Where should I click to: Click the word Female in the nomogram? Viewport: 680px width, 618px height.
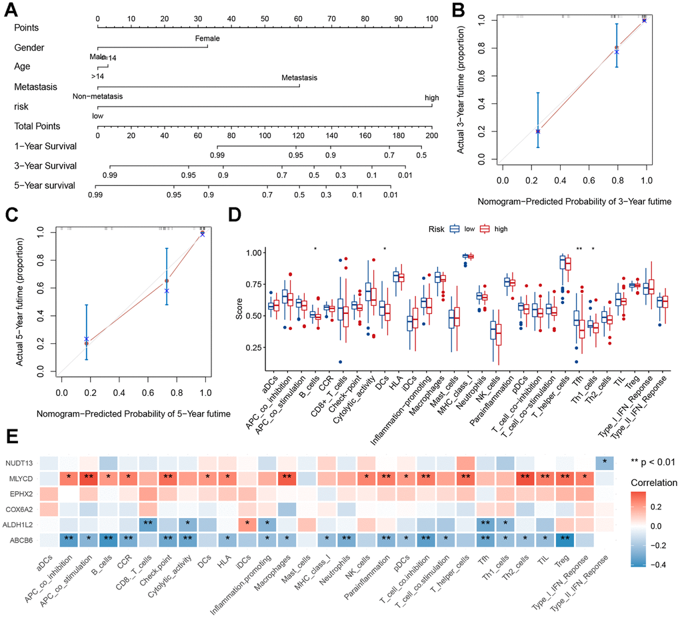point(207,39)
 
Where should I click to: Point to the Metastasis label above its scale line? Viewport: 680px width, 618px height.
point(299,78)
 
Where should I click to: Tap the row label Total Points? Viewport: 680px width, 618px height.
point(37,126)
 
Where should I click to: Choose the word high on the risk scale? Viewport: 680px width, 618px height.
point(432,98)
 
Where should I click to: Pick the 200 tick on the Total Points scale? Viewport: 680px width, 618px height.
point(432,135)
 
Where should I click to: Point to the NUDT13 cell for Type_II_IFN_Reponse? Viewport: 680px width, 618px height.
point(604,463)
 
